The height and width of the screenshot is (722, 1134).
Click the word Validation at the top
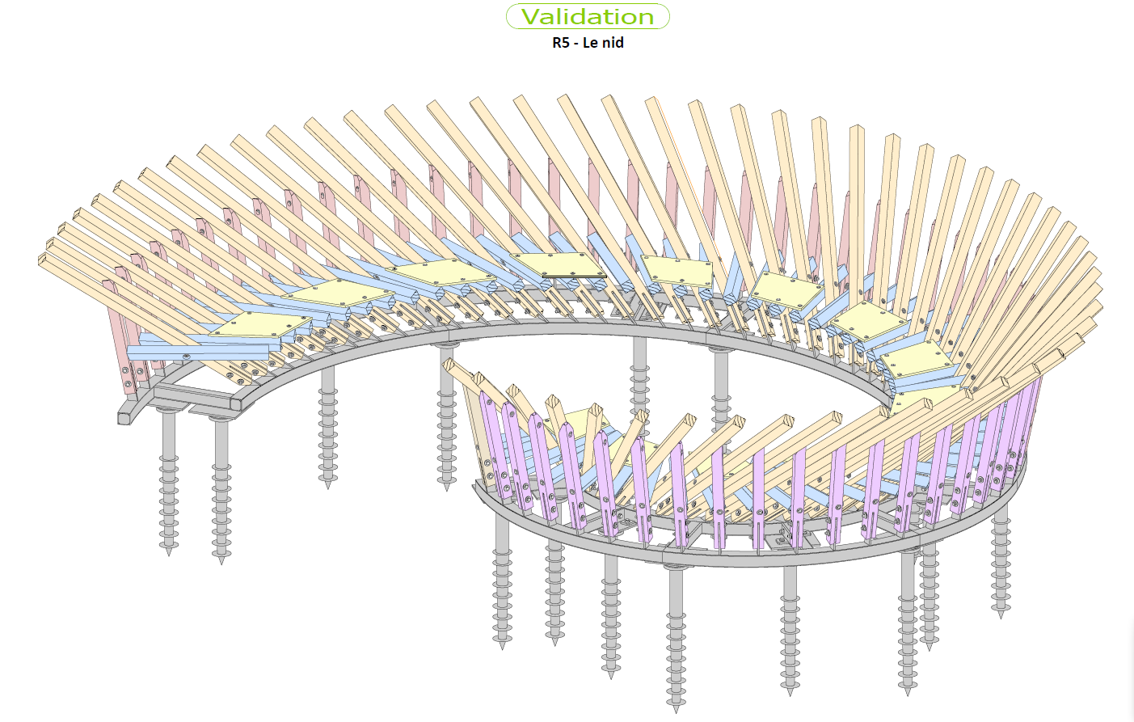pos(588,17)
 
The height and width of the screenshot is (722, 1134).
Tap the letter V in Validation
pos(530,17)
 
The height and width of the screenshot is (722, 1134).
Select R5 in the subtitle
pos(561,43)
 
